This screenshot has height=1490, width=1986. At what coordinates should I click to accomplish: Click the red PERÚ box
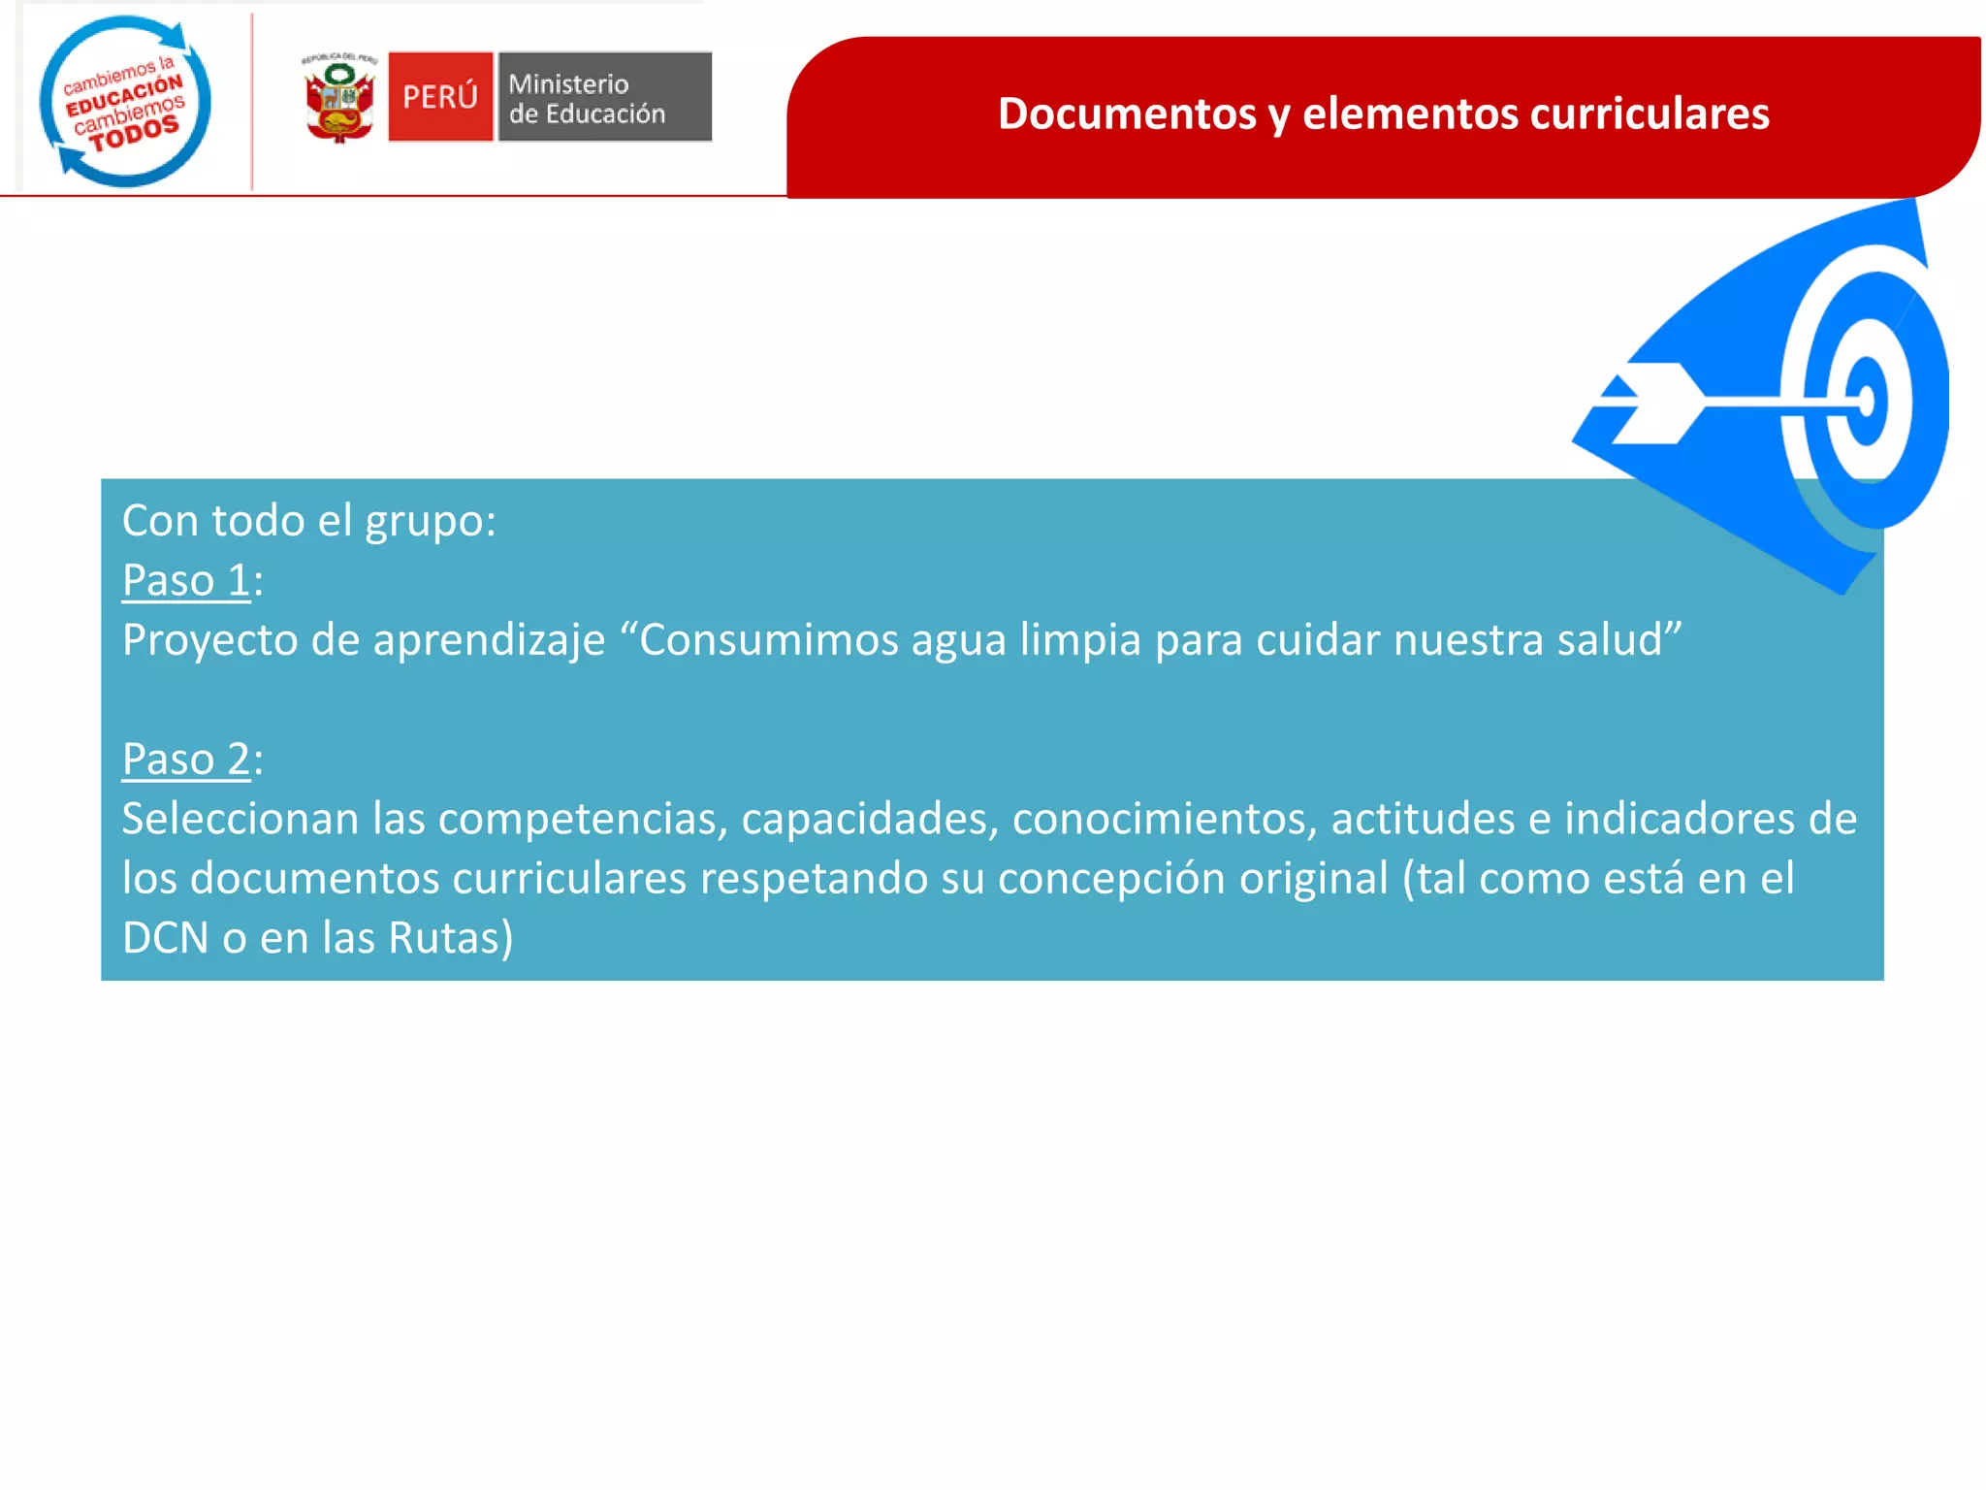tap(440, 97)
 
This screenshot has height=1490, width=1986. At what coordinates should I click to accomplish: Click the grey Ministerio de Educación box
tap(604, 97)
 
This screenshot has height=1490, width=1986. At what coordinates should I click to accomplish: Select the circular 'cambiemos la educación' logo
tap(125, 101)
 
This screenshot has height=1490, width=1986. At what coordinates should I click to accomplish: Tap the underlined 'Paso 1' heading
tap(186, 580)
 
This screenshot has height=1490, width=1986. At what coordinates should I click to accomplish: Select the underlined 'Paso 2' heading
tap(186, 759)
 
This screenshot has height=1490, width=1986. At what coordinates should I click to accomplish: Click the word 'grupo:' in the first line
tap(431, 522)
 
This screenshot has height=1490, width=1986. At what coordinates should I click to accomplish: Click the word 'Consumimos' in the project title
tap(768, 640)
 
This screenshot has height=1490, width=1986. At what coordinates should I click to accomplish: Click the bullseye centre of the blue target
tap(1867, 401)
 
